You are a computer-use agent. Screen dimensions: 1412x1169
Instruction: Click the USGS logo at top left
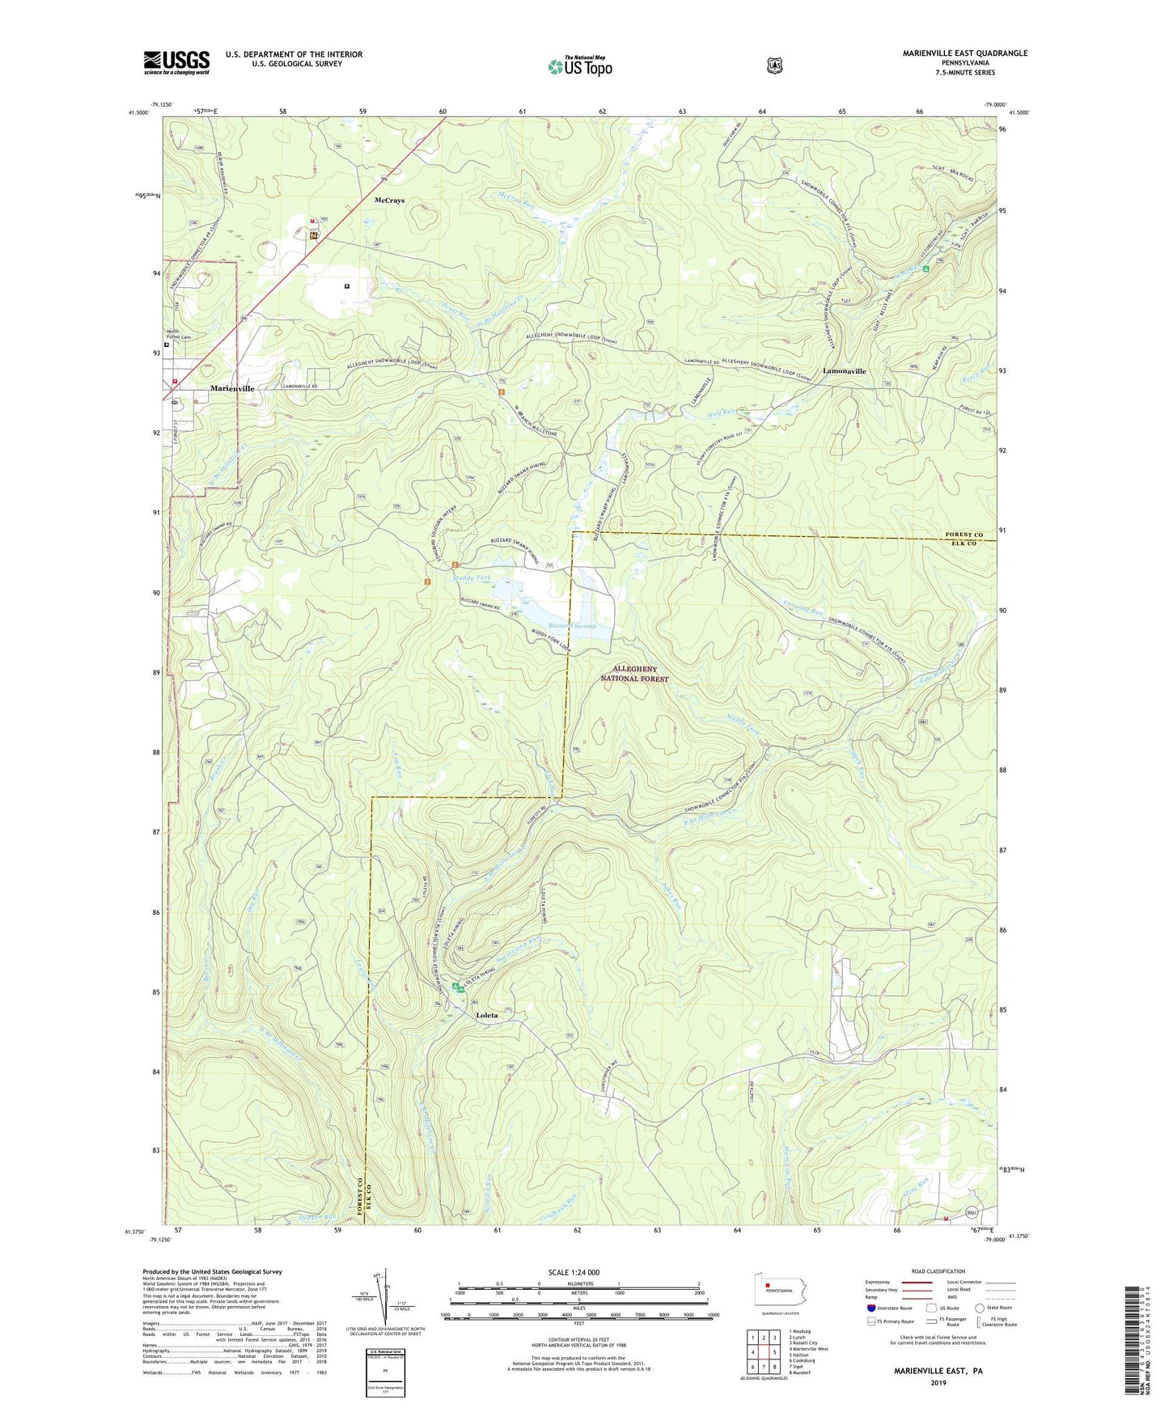176,62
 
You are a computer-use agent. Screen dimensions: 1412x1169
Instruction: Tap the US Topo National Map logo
579,66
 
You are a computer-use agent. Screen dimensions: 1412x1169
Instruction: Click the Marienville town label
232,389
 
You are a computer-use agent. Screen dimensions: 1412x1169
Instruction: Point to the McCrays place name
389,200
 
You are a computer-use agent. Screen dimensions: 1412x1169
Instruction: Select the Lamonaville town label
844,371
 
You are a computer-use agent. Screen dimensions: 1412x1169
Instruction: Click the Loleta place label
486,1015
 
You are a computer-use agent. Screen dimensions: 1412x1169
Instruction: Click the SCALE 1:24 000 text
574,1272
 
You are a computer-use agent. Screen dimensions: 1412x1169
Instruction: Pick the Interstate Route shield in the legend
870,1308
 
